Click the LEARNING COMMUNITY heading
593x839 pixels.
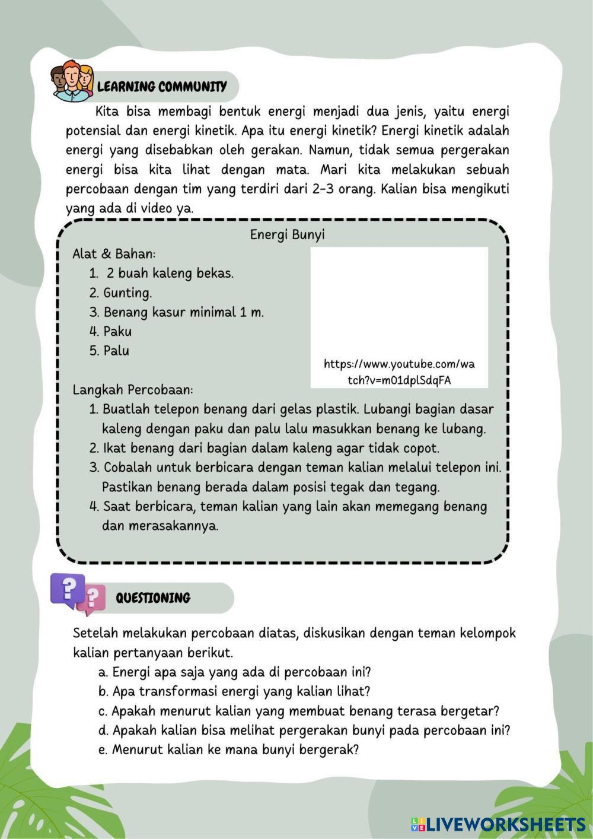pos(162,87)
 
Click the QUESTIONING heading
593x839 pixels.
pos(153,598)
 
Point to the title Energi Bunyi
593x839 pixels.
pos(287,235)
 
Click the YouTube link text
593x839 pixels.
pos(399,372)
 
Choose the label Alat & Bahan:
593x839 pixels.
pos(114,254)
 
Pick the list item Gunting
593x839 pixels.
pos(127,293)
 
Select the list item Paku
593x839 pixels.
pos(117,332)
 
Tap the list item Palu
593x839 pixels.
pos(116,351)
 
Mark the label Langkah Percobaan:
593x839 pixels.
pos(132,390)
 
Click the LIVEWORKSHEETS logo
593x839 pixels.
pos(498,824)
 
